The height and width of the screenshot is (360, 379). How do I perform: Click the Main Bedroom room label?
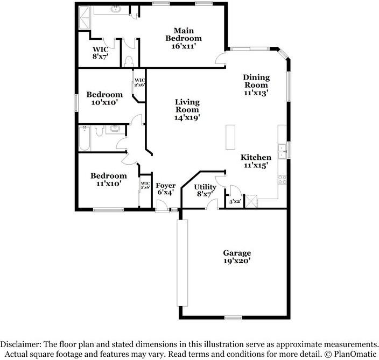coord(184,38)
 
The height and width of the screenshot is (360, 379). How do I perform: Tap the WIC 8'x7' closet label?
coord(101,52)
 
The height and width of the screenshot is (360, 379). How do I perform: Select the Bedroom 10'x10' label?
coord(104,98)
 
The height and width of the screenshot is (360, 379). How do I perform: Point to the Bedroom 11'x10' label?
coord(108,179)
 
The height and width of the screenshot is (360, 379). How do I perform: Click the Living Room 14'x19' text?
coord(187,109)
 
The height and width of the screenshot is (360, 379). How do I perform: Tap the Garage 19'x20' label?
coord(237,257)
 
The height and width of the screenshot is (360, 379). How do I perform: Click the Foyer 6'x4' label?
coord(166,189)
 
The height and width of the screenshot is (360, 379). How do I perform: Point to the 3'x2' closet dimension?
coord(235,202)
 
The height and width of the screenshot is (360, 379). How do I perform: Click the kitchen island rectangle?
coord(231,137)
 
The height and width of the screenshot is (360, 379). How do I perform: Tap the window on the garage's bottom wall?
coord(233,317)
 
